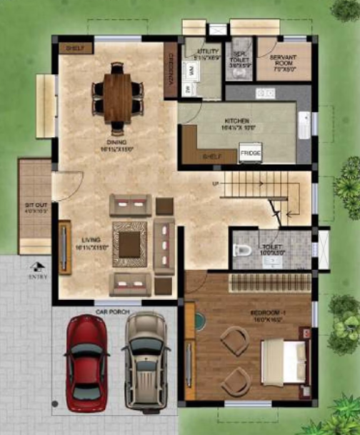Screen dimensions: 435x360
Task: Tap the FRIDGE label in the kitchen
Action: click(249, 153)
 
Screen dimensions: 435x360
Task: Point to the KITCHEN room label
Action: click(236, 121)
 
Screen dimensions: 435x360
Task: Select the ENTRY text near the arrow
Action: click(37, 275)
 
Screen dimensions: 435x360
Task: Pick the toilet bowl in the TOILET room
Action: click(241, 251)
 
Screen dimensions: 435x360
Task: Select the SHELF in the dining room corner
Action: click(75, 48)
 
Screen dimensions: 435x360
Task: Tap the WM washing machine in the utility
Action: click(191, 70)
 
